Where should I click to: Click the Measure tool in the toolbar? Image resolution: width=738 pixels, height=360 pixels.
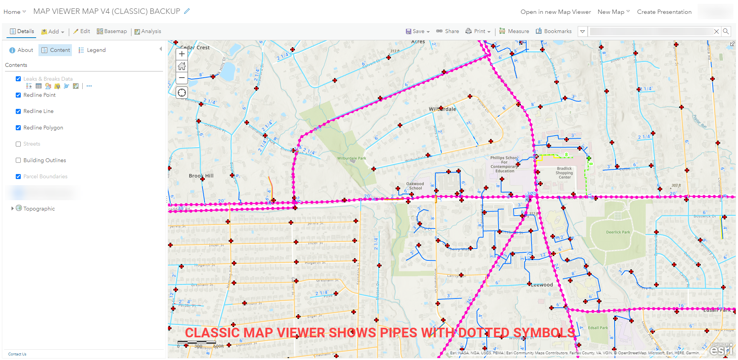click(514, 32)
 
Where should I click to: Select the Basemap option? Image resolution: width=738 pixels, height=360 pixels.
click(112, 32)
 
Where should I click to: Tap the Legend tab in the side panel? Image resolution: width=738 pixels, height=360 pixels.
click(92, 50)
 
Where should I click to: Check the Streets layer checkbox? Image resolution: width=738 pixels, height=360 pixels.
click(18, 144)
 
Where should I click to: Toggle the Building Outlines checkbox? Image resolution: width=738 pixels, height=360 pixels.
click(18, 160)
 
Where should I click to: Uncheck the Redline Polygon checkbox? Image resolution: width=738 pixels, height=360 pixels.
click(18, 128)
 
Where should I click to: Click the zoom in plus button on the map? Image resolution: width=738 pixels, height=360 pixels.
click(182, 54)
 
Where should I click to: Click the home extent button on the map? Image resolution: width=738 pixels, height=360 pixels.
click(182, 66)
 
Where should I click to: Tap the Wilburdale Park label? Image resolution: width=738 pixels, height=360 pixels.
click(351, 158)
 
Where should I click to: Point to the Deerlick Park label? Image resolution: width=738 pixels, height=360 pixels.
click(618, 232)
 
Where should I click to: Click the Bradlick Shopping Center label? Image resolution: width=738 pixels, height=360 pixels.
click(564, 173)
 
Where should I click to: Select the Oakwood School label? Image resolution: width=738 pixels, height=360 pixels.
click(415, 186)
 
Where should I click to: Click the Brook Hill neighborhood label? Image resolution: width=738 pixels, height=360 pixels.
click(201, 176)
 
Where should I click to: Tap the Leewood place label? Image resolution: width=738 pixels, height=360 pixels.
click(542, 285)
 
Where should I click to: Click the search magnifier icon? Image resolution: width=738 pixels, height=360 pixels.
click(726, 32)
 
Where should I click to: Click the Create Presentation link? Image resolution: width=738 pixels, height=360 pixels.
click(664, 12)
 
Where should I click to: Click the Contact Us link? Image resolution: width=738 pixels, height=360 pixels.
click(17, 354)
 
